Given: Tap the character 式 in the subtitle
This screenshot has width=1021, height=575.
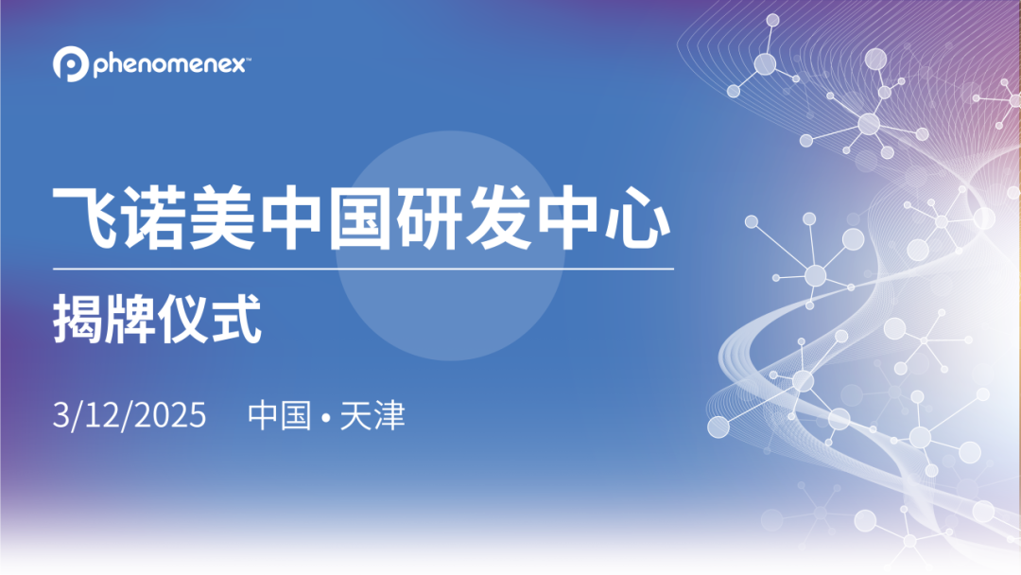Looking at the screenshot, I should [x=235, y=322].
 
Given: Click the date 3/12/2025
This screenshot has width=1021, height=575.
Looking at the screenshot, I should [x=130, y=416].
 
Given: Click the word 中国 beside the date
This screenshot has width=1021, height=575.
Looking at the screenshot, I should [x=279, y=416].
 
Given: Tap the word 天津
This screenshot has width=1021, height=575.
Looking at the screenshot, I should [x=372, y=416].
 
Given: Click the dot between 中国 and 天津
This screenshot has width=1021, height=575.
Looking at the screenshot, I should [x=326, y=417].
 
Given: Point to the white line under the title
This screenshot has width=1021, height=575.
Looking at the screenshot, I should [x=364, y=269].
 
